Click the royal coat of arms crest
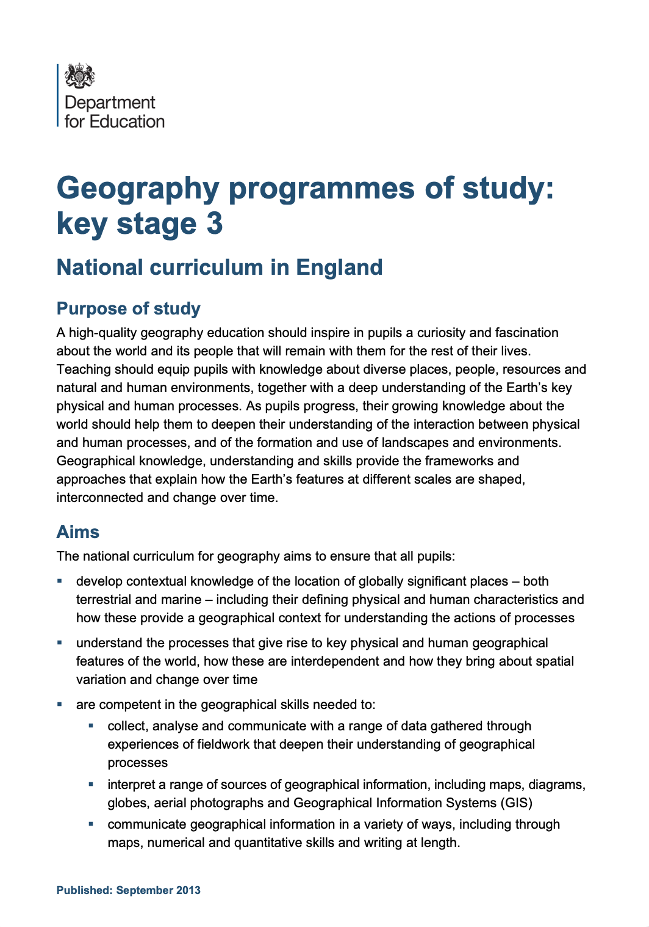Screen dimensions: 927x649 point(80,76)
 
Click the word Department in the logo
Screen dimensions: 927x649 point(110,103)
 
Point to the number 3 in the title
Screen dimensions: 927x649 point(215,224)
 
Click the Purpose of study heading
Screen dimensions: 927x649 point(128,308)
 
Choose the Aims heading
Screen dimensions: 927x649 point(77,532)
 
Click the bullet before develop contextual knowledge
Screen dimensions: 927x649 point(60,581)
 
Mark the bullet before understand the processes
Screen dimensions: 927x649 point(60,642)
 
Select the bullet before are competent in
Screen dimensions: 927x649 point(60,704)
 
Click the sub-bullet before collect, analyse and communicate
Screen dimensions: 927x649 point(91,725)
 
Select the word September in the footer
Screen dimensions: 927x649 point(145,890)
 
